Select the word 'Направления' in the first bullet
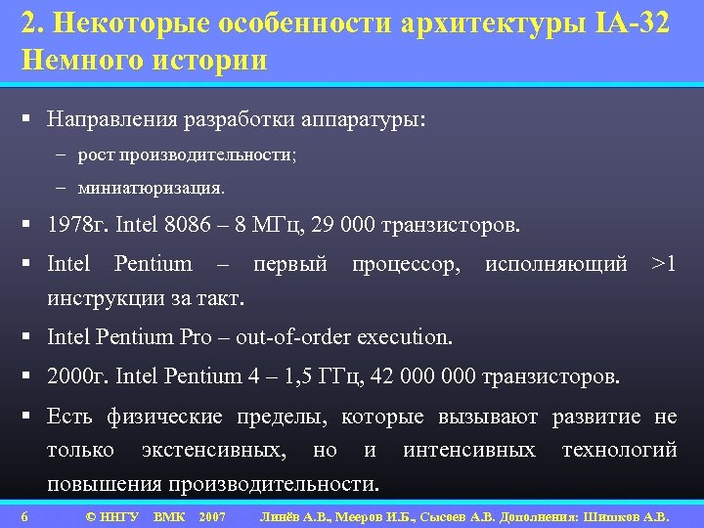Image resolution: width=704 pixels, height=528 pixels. (110, 119)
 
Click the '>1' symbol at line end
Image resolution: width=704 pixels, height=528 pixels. (664, 264)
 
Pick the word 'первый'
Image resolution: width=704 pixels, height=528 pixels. (290, 264)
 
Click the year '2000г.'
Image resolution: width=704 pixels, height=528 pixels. (77, 376)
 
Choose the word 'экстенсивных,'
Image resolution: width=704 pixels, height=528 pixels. (214, 450)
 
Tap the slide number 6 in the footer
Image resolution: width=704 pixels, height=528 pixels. (24, 516)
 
